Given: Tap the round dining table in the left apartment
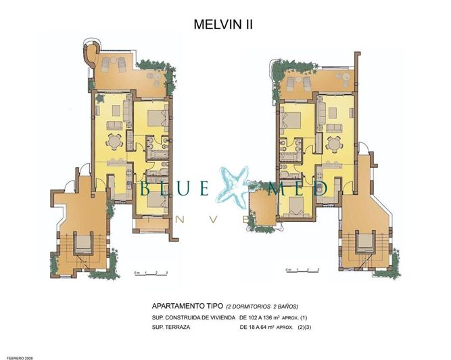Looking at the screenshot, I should point(113,141).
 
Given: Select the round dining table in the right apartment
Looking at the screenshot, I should point(332,144).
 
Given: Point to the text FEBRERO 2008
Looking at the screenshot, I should point(16,355).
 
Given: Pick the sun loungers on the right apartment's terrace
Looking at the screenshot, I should point(297,83).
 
